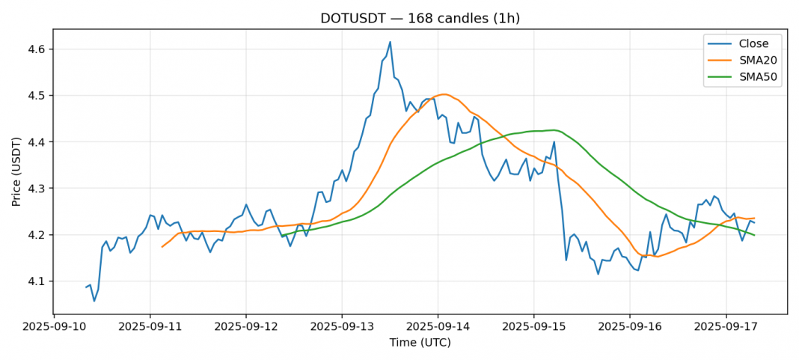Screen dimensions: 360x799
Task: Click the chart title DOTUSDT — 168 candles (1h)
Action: point(420,18)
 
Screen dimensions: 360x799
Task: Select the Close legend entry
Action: point(753,44)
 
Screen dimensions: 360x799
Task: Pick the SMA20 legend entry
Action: point(758,61)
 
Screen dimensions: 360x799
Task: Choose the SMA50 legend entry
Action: point(758,78)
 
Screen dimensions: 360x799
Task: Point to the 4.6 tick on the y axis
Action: point(36,49)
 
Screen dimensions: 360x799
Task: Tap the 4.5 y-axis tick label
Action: point(36,96)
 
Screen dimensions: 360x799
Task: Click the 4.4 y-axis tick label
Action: point(36,142)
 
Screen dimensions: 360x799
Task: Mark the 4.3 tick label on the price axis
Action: point(36,189)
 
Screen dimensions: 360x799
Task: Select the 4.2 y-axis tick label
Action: point(36,235)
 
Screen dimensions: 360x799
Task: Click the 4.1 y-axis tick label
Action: point(36,281)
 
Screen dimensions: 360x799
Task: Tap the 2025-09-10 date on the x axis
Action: point(54,328)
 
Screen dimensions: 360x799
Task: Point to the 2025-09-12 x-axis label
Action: point(246,328)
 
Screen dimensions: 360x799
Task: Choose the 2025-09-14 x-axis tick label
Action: point(438,328)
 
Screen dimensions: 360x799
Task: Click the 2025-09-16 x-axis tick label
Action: point(630,328)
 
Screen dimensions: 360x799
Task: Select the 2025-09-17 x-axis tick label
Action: point(726,328)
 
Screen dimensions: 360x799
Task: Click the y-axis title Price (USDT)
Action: point(16,171)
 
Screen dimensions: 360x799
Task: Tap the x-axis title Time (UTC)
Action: point(420,343)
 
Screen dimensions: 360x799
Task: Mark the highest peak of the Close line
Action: point(390,42)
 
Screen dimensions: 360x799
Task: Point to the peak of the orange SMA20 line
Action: point(444,94)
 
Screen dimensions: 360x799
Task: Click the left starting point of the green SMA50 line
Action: point(282,236)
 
